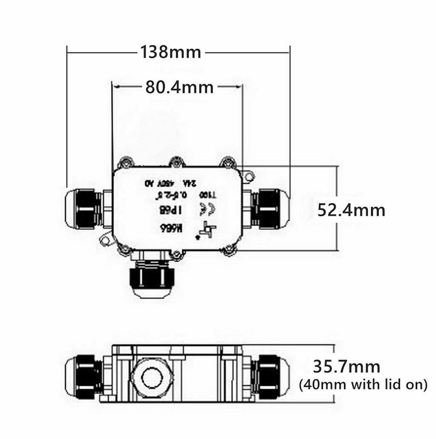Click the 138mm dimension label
click(171, 52)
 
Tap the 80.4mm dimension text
click(179, 87)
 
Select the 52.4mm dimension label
click(351, 210)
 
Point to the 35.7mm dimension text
click(347, 366)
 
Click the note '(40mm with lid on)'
click(363, 385)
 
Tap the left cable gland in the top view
click(84, 208)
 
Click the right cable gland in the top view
click(271, 209)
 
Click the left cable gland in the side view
click(84, 377)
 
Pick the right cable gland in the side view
click(271, 377)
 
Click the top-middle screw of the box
click(176, 162)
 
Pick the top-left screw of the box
click(125, 162)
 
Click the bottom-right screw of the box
click(229, 251)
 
